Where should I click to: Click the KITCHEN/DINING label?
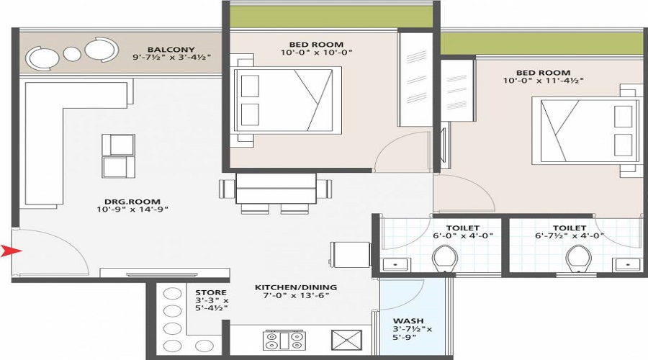point(295,287)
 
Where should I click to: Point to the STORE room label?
point(211,292)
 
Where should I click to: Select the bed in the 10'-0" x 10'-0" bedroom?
point(288,100)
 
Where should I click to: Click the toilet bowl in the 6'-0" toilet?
point(444,256)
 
